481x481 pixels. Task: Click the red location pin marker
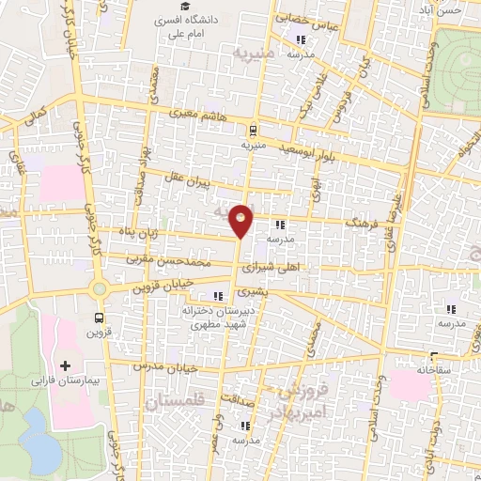(242, 221)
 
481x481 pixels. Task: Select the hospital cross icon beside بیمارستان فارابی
(65, 365)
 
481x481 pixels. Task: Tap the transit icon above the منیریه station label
(253, 131)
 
